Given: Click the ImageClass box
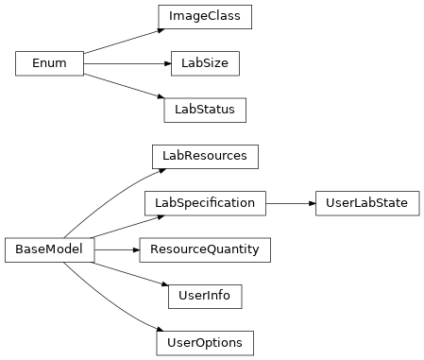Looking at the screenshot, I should (x=205, y=17).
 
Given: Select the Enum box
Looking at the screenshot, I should (x=50, y=63).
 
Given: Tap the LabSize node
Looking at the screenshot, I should (x=205, y=63).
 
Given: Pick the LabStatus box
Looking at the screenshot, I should (x=205, y=110).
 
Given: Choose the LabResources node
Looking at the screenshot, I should (x=205, y=156).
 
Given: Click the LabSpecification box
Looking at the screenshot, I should (x=205, y=203).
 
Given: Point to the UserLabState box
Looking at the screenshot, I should (x=367, y=203).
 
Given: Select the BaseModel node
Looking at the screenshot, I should (x=50, y=249).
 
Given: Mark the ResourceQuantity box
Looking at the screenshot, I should (x=205, y=249).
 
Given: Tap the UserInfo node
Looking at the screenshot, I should (x=205, y=296).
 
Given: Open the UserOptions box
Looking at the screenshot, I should (x=205, y=342).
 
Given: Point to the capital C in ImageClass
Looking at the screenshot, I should (x=212, y=17).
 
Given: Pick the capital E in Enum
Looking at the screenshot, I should (x=36, y=63).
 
